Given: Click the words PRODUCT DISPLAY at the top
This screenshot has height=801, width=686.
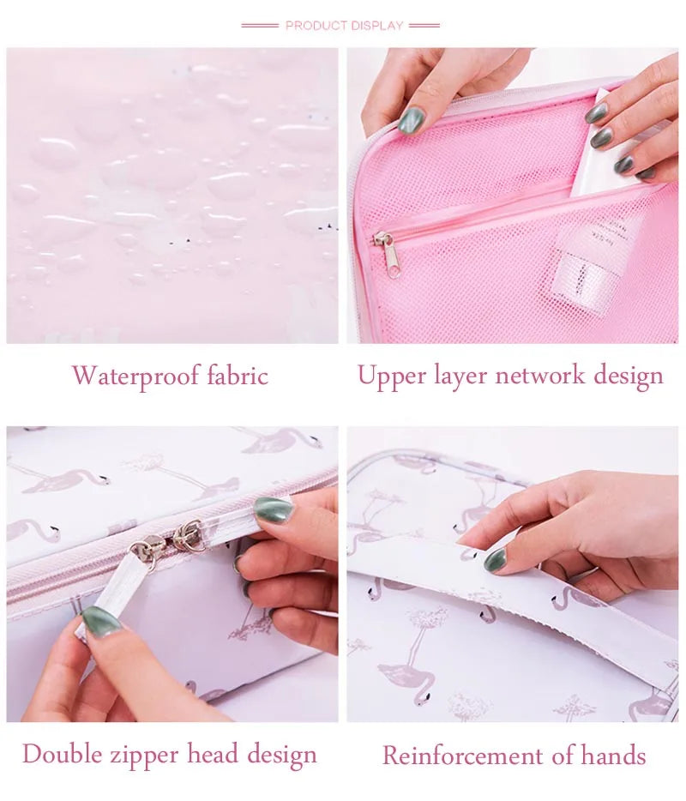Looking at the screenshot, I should point(344,26).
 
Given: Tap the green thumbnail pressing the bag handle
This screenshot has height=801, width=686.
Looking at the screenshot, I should point(495,561).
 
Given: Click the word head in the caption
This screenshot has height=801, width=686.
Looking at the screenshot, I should point(216,755).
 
